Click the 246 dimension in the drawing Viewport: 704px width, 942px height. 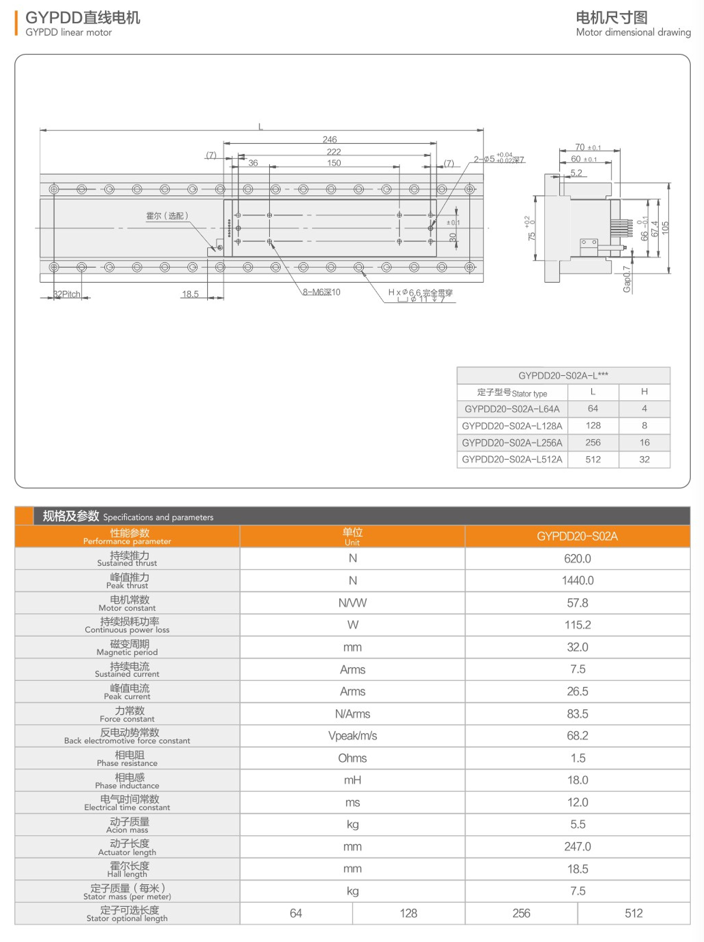coord(329,139)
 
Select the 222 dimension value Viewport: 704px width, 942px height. coord(333,152)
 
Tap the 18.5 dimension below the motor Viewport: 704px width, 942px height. coord(190,294)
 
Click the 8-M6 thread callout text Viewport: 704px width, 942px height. coord(321,292)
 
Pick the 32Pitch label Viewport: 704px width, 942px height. coord(67,294)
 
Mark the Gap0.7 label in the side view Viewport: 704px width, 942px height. coord(626,279)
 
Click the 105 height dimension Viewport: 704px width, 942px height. coord(665,228)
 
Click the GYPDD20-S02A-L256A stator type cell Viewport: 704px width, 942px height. coord(512,442)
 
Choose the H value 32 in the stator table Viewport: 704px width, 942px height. coord(644,459)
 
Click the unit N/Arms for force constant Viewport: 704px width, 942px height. coord(352,713)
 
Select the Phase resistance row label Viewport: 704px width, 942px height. coord(127,758)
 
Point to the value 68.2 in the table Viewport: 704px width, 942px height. coord(577,736)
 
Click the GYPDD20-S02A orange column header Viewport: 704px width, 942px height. coord(577,536)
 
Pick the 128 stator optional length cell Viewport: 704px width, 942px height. coord(408,913)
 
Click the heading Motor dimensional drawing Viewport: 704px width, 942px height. coord(633,32)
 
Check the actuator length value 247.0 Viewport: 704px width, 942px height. coord(577,846)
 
